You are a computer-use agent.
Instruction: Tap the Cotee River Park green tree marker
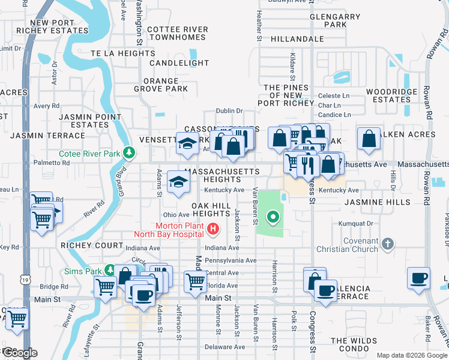pos(128,153)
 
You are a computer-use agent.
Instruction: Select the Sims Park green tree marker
pos(110,271)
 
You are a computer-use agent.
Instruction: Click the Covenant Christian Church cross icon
pos(388,244)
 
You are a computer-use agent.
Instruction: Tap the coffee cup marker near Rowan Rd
pos(418,278)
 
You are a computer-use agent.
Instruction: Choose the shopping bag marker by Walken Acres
pos(369,139)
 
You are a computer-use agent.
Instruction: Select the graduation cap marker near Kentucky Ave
pos(178,183)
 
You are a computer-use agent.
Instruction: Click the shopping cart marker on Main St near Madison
pos(196,281)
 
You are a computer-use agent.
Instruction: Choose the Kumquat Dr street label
pos(356,223)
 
